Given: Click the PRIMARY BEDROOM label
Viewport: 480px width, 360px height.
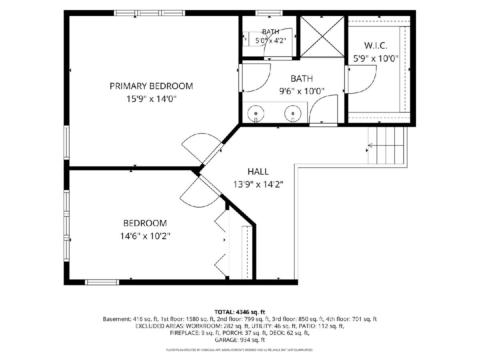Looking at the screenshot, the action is [x=151, y=86].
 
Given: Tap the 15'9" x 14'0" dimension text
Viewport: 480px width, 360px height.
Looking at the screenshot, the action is [x=151, y=99].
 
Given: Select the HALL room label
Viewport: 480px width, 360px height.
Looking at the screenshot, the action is [x=258, y=172].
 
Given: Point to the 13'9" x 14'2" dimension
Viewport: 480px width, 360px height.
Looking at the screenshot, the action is [x=258, y=184].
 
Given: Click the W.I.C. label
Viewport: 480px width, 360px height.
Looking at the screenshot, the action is [x=376, y=46].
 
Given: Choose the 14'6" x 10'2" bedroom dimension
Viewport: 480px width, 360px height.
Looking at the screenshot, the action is [x=145, y=236].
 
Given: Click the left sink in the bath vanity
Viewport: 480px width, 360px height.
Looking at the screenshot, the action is [x=256, y=114].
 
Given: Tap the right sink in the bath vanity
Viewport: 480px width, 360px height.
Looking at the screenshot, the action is [x=292, y=114].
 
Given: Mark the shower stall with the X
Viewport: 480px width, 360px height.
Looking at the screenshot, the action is [x=322, y=36].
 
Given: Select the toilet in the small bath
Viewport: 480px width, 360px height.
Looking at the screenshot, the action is [x=246, y=39].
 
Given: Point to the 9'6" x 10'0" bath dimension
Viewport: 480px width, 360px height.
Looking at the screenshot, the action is [x=302, y=91].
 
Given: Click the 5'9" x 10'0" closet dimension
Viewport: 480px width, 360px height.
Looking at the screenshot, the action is [x=376, y=58].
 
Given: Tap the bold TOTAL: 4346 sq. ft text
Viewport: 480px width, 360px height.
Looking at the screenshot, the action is [x=240, y=312].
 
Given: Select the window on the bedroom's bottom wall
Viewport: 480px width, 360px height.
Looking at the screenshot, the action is [x=102, y=282].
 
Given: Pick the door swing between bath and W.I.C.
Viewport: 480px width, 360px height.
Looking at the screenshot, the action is [x=362, y=79].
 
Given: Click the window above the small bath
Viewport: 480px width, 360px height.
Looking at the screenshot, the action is [x=269, y=13].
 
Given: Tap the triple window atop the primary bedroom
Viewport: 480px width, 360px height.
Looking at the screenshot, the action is [x=149, y=13].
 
